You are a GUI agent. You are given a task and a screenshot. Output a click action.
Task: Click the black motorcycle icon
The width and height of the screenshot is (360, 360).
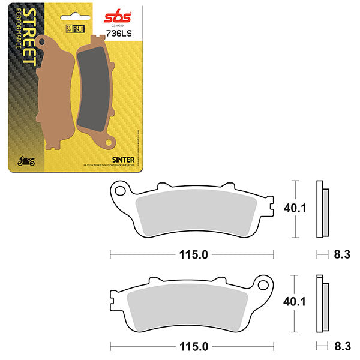point(26,161)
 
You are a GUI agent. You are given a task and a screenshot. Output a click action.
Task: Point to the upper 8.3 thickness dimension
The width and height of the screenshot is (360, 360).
point(342,254)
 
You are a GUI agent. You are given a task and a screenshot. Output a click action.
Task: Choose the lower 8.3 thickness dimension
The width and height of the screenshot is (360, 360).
point(342,347)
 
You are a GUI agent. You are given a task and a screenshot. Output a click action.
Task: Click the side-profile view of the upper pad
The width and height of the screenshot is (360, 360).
point(322,208)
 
